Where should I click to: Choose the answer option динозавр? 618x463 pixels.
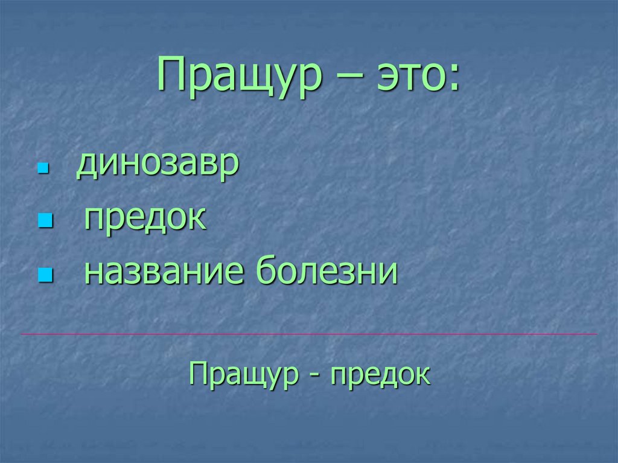pyautogui.click(x=157, y=165)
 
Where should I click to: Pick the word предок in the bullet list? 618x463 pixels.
pyautogui.click(x=145, y=219)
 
